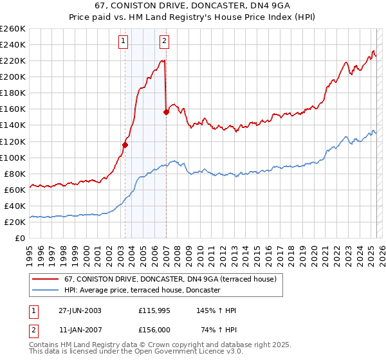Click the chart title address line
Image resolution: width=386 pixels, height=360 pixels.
click(x=193, y=6)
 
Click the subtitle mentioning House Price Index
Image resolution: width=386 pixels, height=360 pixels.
click(x=193, y=17)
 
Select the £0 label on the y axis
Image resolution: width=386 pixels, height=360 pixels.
click(x=19, y=238)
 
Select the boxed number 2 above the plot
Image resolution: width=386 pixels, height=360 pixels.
click(x=165, y=42)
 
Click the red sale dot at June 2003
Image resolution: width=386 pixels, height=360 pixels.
click(x=125, y=145)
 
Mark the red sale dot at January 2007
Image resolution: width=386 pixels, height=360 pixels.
click(x=166, y=112)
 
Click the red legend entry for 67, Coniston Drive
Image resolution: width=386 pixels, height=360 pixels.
click(x=170, y=279)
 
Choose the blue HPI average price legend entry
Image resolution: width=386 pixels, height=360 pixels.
click(x=142, y=291)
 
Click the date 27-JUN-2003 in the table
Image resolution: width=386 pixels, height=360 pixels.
click(x=81, y=310)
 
